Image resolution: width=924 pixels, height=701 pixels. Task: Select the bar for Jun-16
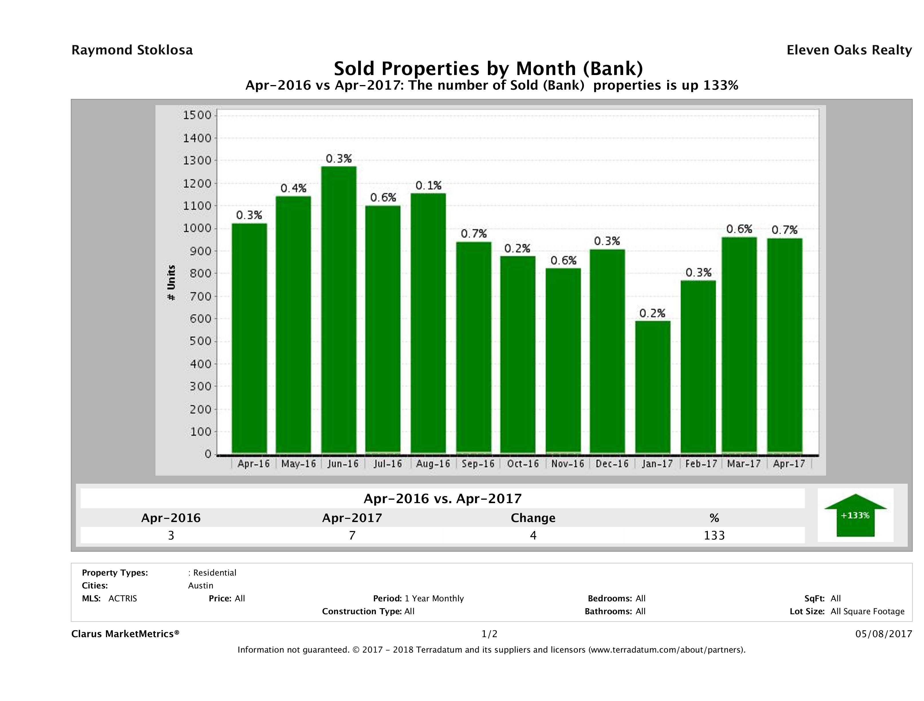pos(338,309)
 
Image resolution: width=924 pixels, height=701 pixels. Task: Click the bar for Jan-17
pos(653,386)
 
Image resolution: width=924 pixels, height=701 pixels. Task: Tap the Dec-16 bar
pos(607,351)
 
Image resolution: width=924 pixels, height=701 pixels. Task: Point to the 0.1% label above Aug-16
pos(428,186)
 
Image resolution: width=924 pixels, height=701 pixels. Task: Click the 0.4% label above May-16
pos(293,188)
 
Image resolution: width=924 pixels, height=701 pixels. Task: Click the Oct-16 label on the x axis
pos(523,464)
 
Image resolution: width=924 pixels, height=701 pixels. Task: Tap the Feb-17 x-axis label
pos(701,464)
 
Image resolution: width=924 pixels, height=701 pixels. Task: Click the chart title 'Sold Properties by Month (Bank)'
pos(488,68)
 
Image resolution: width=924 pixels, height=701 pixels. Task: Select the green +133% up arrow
pos(855,515)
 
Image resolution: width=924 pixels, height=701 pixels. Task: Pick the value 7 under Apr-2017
pos(352,535)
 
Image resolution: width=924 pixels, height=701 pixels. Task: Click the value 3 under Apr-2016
pos(171,535)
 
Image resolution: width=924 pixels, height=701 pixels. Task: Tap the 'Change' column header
pos(533,518)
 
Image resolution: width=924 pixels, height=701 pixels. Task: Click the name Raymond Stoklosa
pos(132,50)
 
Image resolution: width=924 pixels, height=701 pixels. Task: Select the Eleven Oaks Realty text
pos(849,50)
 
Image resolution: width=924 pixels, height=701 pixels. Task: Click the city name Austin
pos(200,586)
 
